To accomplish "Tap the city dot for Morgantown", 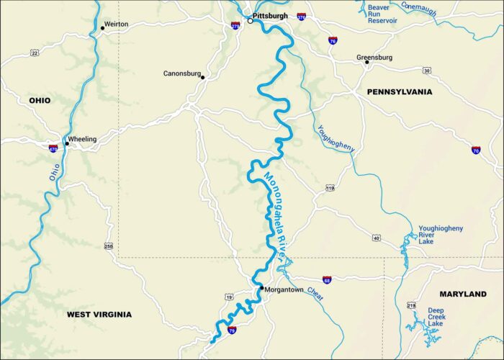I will coord(261,289).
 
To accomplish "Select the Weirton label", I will coord(116,24).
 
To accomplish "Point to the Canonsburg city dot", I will coord(203,78).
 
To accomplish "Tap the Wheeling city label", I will coord(82,139).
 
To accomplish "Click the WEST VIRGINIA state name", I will coord(99,315).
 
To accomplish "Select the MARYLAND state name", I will coord(463,294).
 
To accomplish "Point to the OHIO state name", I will coord(40,100).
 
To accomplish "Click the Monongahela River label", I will coord(277,212).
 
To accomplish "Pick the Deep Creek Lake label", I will coord(436,317).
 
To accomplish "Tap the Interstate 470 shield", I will coord(53,148).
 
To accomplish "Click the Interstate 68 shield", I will coord(327,279).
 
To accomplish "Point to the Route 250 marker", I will coord(109,246).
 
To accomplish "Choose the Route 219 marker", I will coord(411,305).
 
